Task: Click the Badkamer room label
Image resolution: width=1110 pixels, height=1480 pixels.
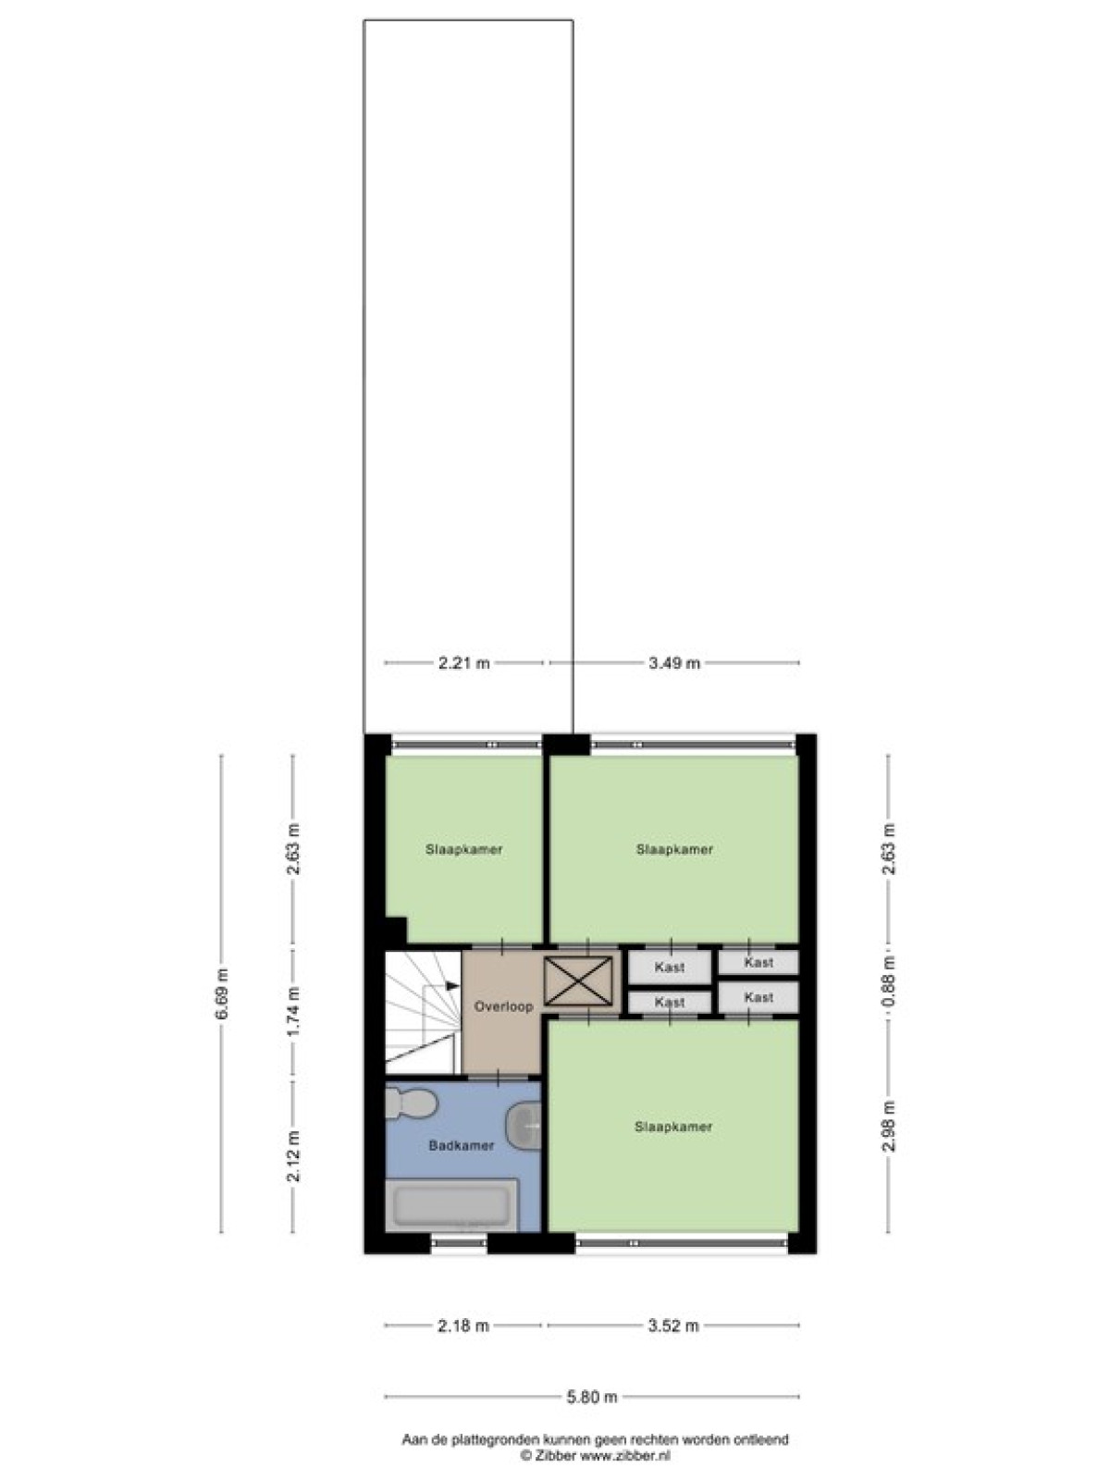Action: pyautogui.click(x=462, y=1145)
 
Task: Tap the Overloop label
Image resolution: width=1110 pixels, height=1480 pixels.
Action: pyautogui.click(x=503, y=1006)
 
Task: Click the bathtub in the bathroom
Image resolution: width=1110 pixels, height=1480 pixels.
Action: pyautogui.click(x=451, y=1205)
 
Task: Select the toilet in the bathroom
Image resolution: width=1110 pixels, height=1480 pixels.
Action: pyautogui.click(x=412, y=1104)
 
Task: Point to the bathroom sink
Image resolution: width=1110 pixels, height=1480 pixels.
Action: pyautogui.click(x=524, y=1124)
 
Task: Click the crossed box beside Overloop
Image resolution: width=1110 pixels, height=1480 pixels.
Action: pyautogui.click(x=579, y=981)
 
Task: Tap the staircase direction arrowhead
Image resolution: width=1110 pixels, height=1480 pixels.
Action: pyautogui.click(x=453, y=985)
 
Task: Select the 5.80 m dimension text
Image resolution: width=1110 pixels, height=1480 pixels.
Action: pyautogui.click(x=592, y=1397)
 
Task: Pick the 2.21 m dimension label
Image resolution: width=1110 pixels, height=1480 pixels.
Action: pyautogui.click(x=463, y=663)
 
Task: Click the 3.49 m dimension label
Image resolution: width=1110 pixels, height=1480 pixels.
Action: pyautogui.click(x=674, y=663)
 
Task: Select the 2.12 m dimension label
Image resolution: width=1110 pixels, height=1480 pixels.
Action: pyautogui.click(x=293, y=1156)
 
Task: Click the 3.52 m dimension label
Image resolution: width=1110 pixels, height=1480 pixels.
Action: pyautogui.click(x=673, y=1326)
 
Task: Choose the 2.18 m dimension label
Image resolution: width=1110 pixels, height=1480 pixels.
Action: pyautogui.click(x=463, y=1326)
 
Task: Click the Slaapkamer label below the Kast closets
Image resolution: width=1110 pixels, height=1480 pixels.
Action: pyautogui.click(x=673, y=1126)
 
